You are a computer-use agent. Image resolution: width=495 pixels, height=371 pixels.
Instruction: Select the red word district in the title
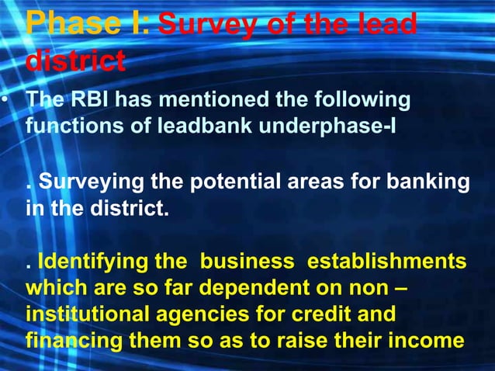point(75,59)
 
